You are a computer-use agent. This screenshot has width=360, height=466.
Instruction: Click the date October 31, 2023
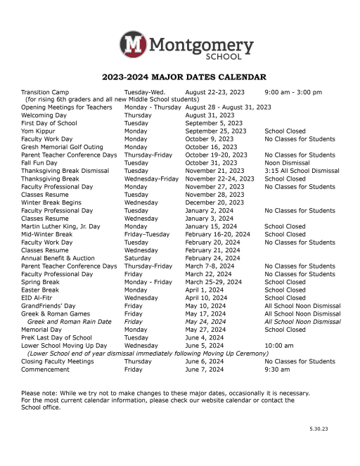[211, 162]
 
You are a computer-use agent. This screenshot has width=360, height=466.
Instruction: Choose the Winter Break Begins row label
[51, 202]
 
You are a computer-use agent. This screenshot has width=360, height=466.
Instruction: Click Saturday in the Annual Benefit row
[137, 258]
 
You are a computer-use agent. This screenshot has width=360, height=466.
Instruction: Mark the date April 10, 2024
[210, 298]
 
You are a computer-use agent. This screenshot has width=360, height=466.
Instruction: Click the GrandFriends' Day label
[48, 306]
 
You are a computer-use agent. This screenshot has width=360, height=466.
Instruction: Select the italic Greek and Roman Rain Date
[69, 321]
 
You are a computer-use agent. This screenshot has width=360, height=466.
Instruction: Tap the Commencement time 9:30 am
[277, 369]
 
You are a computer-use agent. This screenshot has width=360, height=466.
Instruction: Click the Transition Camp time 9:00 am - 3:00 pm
[293, 92]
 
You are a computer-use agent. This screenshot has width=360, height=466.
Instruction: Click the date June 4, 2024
[205, 337]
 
